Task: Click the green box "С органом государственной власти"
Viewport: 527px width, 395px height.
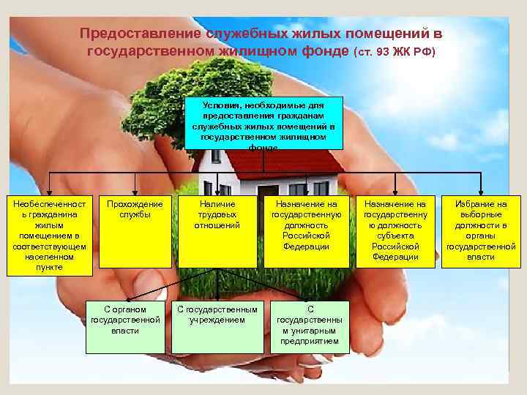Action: tap(124, 325)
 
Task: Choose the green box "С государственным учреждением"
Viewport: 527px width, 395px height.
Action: tap(217, 325)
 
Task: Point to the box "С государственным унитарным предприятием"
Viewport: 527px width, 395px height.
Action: tap(310, 325)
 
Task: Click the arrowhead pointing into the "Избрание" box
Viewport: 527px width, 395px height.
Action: tap(481, 192)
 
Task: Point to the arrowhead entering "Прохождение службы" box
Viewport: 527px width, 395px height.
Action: tap(135, 192)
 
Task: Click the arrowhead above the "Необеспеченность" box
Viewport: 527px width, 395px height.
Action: tap(50, 192)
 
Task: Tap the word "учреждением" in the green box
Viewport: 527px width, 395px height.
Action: tap(217, 320)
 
